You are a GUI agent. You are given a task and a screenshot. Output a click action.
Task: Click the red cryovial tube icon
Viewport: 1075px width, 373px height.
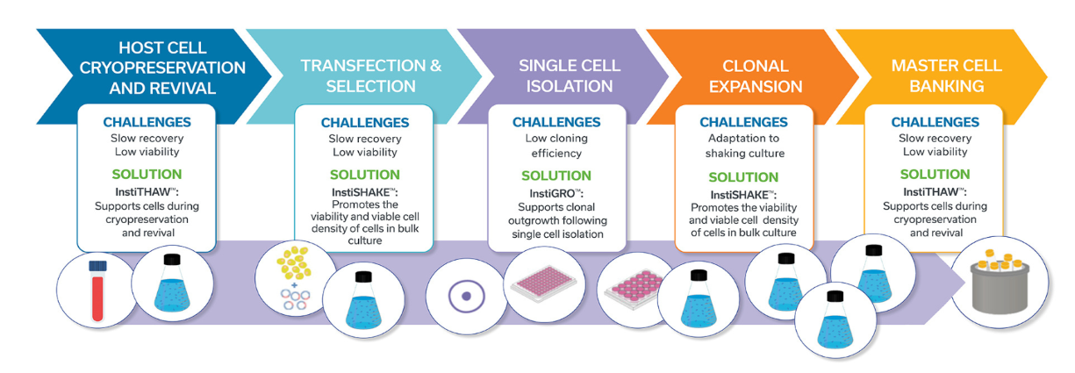point(97,291)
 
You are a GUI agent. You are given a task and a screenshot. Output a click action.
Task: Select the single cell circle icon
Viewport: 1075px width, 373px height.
point(467,296)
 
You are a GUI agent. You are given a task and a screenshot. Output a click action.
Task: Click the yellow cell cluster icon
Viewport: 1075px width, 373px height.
point(294,262)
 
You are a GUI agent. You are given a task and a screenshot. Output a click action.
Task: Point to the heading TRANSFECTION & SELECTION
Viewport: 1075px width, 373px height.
point(371,75)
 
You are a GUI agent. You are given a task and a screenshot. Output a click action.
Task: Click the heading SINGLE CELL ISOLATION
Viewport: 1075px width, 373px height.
point(570,75)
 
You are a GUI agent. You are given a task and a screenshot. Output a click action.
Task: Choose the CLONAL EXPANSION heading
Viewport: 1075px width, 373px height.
point(756,76)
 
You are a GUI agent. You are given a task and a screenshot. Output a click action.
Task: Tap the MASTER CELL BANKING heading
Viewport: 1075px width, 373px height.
point(946,75)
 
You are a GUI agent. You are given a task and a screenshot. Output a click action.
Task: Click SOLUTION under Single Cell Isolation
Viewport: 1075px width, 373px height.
point(556,176)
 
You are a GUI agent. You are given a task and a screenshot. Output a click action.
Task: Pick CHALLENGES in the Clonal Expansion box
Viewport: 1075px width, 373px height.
point(743,122)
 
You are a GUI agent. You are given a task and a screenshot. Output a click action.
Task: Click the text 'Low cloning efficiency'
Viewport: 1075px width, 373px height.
point(556,146)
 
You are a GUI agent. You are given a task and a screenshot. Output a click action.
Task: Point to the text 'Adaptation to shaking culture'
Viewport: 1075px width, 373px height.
point(744,146)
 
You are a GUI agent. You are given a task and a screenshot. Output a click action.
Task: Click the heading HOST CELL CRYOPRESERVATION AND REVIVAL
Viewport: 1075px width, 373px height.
point(162,68)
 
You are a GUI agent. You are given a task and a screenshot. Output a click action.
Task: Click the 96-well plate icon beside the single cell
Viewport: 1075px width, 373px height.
point(543,283)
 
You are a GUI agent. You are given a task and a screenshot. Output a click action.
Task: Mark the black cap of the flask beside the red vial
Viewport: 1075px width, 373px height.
point(172,260)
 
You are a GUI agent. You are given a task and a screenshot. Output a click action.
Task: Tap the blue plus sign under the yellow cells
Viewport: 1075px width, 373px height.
point(294,285)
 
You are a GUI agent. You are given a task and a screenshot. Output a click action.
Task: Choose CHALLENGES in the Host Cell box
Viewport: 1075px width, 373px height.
point(147,122)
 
